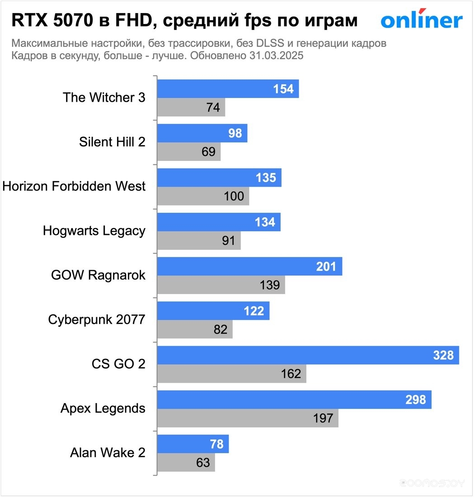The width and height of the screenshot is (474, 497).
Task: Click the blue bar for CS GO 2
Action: pos(307,356)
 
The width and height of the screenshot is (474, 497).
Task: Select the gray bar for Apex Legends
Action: pos(247,418)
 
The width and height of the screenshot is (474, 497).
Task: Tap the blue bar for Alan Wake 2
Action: pos(192,444)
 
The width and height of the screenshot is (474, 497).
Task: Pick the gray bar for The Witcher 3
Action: pos(191,108)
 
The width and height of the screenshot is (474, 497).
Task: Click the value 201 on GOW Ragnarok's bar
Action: pos(326,267)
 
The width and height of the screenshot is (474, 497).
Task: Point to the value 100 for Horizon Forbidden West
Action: pos(234,196)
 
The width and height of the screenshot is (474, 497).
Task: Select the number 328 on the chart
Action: pos(443,356)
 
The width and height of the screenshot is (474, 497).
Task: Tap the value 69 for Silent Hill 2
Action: pos(208,152)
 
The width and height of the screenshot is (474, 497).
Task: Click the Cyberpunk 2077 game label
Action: pos(97,320)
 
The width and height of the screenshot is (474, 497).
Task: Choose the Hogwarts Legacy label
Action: pos(94,231)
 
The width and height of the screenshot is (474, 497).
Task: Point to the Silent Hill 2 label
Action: pos(112,142)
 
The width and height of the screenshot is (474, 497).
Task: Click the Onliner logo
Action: pos(422,20)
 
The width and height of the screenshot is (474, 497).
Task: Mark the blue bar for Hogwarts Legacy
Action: pos(218,222)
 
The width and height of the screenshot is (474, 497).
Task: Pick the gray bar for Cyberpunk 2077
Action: pos(194,329)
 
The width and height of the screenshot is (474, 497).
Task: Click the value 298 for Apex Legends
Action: pos(416,400)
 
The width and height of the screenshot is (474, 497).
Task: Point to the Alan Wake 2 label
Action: pos(108,453)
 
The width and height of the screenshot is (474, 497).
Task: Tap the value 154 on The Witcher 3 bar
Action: pos(283,89)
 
